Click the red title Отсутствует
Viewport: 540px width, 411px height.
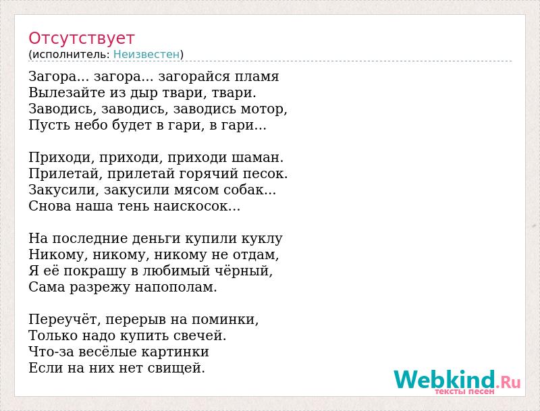81,38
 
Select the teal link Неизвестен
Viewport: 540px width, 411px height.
146,55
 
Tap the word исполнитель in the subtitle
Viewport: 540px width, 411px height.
71,55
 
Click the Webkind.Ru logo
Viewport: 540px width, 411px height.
457,381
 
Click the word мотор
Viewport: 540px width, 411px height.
263,109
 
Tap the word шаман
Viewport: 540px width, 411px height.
257,158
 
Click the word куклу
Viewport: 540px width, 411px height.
262,239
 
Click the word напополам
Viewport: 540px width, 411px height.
175,287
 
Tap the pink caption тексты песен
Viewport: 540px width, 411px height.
464,391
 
